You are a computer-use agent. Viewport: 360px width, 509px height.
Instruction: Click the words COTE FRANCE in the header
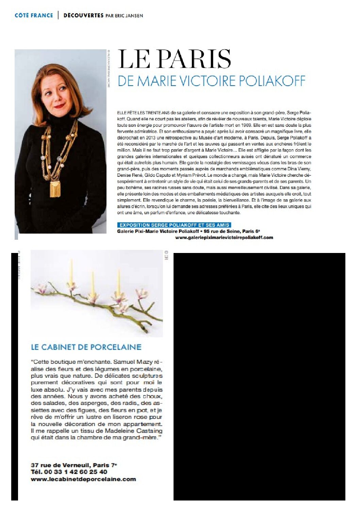click(x=34, y=15)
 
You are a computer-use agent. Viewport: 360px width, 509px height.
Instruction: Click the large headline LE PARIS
click(x=174, y=59)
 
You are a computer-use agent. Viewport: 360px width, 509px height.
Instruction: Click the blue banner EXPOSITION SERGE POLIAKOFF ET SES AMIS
click(x=174, y=225)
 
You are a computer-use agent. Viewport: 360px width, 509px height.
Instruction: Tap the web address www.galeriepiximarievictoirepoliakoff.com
click(x=224, y=237)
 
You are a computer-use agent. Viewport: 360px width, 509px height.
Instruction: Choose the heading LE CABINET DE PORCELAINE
click(x=86, y=347)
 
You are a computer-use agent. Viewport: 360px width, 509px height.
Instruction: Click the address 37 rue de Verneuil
click(x=60, y=465)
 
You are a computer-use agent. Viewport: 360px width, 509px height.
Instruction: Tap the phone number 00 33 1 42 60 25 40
click(x=76, y=472)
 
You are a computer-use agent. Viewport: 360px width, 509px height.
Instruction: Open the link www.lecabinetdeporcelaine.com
click(x=83, y=479)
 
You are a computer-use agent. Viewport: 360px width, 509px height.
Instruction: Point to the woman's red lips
click(x=59, y=106)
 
